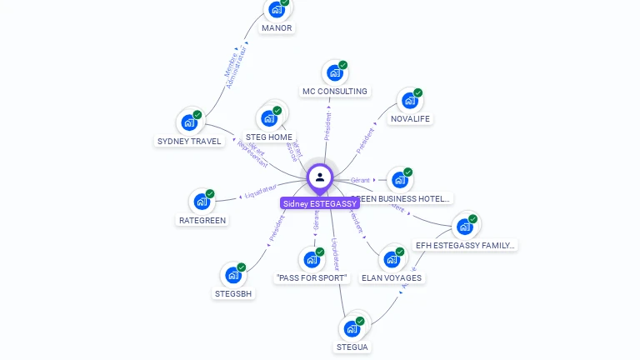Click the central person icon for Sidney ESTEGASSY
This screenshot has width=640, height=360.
320,177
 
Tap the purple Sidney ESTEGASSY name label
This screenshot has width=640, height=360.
320,203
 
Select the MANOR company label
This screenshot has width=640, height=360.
277,27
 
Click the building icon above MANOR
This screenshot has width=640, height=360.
276,10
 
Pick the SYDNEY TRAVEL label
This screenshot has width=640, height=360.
189,141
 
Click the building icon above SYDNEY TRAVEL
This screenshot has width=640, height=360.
189,122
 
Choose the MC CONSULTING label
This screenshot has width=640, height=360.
334,91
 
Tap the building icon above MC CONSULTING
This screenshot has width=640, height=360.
334,73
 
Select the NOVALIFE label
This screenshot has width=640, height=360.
411,119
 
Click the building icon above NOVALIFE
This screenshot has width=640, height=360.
409,101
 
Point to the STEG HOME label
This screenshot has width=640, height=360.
269,137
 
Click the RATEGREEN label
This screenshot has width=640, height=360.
202,220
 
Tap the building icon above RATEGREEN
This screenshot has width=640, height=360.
202,202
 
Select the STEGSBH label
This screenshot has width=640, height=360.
233,293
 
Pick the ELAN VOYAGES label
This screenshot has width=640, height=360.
392,277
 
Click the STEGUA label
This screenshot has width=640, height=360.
352,347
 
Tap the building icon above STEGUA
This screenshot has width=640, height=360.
352,328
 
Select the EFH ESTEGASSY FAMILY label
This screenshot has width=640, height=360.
465,245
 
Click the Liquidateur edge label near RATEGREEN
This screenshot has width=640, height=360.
260,193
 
